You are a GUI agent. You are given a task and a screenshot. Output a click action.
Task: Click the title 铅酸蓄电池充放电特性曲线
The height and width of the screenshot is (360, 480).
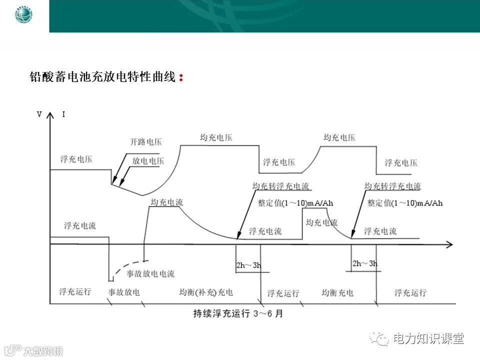(x=102, y=77)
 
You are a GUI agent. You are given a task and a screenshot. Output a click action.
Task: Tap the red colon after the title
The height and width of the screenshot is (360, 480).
(x=180, y=78)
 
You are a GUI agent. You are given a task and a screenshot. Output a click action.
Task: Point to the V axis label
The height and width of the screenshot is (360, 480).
(x=39, y=114)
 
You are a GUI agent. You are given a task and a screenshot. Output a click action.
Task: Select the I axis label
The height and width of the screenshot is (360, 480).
(x=63, y=114)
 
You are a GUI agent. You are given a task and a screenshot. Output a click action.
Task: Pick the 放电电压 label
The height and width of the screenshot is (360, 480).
(x=148, y=161)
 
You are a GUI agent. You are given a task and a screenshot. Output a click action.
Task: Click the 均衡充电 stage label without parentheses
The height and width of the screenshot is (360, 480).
(x=337, y=292)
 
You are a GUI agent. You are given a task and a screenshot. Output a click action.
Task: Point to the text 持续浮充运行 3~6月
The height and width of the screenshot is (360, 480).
(x=238, y=314)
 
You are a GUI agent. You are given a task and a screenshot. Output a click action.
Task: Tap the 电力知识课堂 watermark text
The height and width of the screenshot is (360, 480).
(x=428, y=338)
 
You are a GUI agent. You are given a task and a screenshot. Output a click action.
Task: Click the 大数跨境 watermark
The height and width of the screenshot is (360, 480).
(x=42, y=350)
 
